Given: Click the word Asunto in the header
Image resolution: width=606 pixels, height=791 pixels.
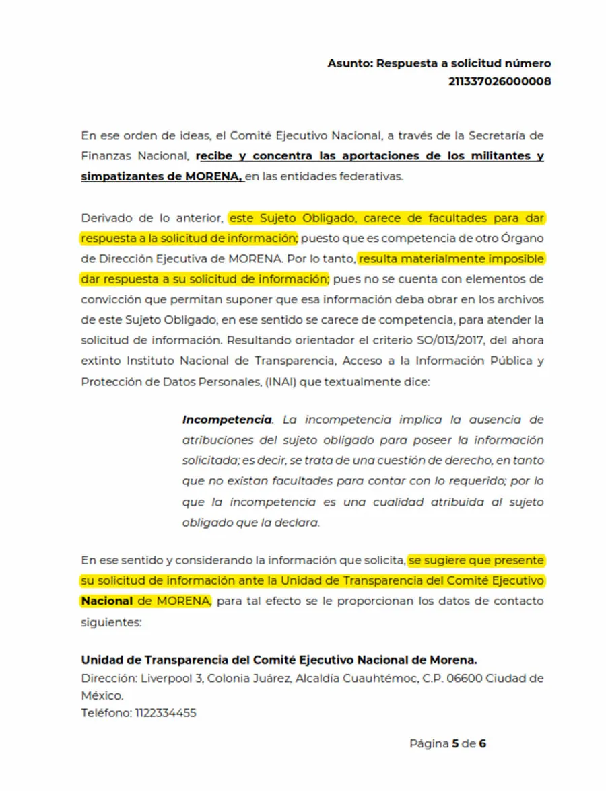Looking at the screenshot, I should pyautogui.click(x=349, y=63).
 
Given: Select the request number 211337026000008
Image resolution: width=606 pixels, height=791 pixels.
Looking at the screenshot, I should pyautogui.click(x=500, y=81).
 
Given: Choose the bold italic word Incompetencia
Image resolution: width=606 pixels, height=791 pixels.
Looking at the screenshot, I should pyautogui.click(x=227, y=420).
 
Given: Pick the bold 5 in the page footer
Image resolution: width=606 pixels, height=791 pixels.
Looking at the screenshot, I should pyautogui.click(x=455, y=743).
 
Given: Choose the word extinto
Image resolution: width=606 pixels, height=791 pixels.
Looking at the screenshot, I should pyautogui.click(x=100, y=361).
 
